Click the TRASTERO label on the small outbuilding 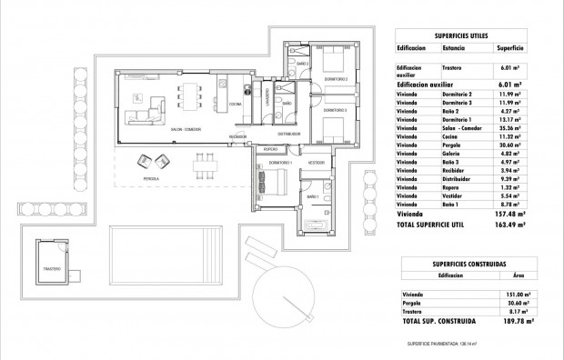(52, 270)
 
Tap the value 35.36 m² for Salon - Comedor (507, 129)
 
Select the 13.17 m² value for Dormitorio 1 (507, 118)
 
